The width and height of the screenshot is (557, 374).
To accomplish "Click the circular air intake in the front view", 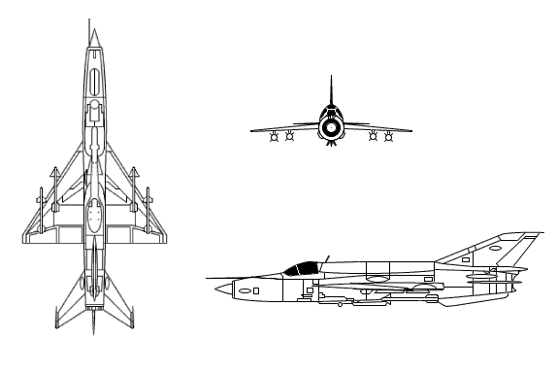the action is [331, 126].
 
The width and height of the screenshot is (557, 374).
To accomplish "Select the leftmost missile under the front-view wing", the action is [275, 137].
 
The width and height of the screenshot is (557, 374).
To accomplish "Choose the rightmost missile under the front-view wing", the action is [388, 137].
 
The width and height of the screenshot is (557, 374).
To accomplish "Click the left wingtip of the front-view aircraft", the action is [251, 129].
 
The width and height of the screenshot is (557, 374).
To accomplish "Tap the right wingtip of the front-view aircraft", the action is [411, 129].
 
